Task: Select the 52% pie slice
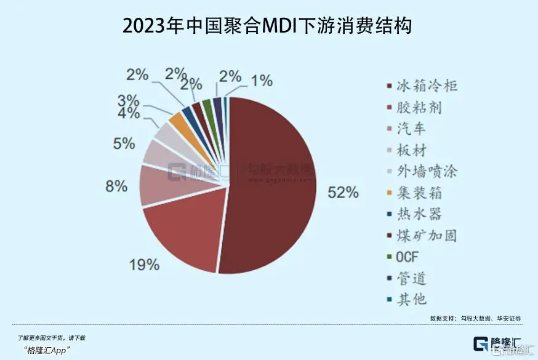coord(271,185)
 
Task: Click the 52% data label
coord(343,193)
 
